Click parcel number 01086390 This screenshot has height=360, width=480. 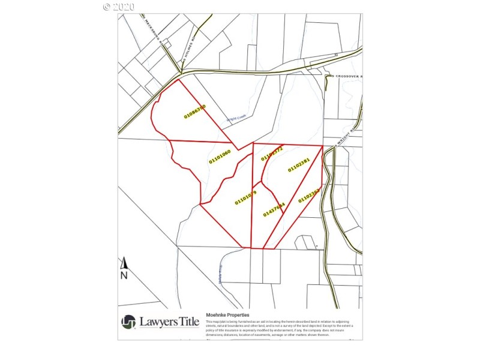click(x=194, y=111)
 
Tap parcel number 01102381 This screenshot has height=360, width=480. click(x=298, y=165)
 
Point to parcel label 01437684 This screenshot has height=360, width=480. click(x=274, y=209)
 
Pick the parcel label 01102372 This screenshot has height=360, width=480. click(x=272, y=154)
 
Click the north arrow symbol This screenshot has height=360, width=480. click(x=124, y=263)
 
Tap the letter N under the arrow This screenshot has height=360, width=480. click(x=124, y=275)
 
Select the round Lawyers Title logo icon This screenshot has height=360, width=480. click(x=128, y=322)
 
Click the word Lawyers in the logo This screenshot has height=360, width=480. click(x=160, y=322)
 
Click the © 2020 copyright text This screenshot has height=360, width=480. click(x=119, y=6)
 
